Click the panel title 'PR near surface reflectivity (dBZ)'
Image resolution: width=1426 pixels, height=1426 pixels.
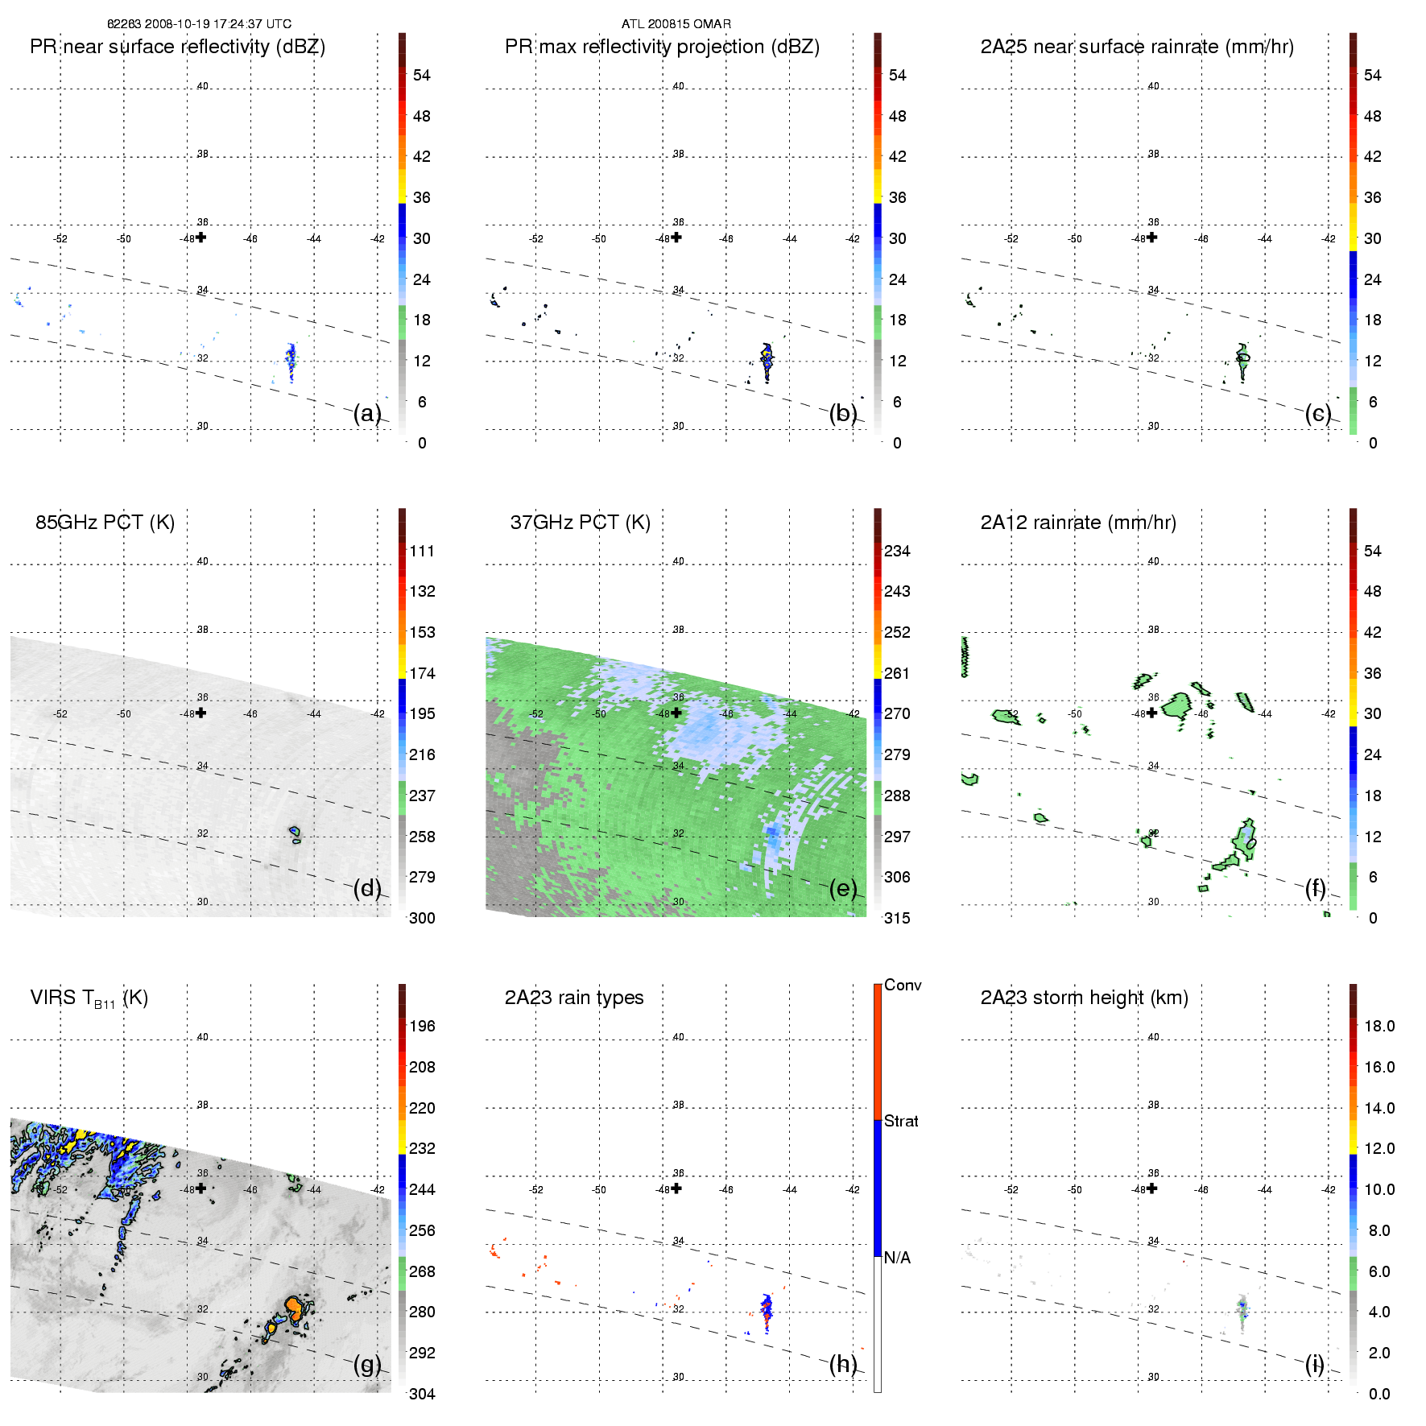coord(177,47)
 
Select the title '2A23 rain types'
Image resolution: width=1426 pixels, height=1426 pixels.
coord(574,998)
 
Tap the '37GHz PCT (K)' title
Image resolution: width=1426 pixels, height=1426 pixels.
coord(580,523)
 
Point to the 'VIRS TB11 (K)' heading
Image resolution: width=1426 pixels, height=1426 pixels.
coord(89,998)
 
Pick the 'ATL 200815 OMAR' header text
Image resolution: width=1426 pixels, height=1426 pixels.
coord(676,24)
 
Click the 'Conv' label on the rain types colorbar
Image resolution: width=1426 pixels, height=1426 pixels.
coord(903,985)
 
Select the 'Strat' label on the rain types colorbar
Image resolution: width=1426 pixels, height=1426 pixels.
coord(901,1121)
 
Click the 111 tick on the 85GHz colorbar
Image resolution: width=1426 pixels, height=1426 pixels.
coord(422,551)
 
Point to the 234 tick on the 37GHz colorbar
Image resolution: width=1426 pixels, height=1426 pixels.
coord(897,551)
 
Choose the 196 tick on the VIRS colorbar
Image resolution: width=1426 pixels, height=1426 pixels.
coord(422,1026)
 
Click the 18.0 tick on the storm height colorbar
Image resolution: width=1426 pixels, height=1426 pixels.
coord(1378,1026)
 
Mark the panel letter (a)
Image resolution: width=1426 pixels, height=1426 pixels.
coord(367,413)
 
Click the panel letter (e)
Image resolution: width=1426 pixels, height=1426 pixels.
coord(843,888)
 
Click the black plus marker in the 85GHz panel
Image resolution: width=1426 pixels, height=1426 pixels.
coord(201,713)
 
